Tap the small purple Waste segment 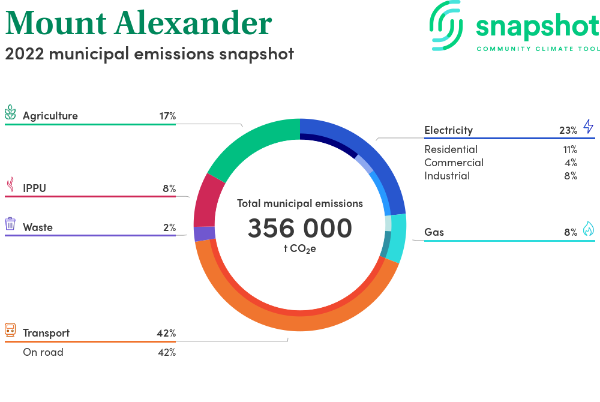[x=205, y=234]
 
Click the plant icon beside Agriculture [x=10, y=113]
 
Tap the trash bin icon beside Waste [x=10, y=224]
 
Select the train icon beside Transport [x=10, y=330]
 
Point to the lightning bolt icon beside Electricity [x=589, y=126]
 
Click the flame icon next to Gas [x=589, y=229]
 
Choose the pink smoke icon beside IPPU [x=11, y=184]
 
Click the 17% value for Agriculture [x=167, y=116]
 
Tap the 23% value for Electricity [x=568, y=130]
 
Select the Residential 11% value [x=570, y=149]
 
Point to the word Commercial [x=454, y=163]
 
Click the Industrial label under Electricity [x=447, y=176]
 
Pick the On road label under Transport [x=43, y=352]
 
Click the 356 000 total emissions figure [x=300, y=229]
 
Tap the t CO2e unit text [x=300, y=249]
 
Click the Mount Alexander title [x=139, y=23]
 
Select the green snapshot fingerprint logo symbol [x=446, y=26]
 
